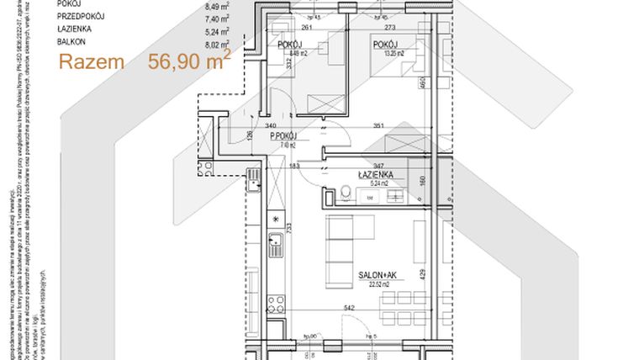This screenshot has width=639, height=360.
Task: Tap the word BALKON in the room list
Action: (x=73, y=40)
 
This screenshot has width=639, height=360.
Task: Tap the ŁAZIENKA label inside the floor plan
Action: (x=371, y=174)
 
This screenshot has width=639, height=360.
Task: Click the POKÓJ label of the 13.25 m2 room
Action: (x=385, y=45)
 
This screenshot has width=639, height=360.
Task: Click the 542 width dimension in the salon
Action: (x=349, y=308)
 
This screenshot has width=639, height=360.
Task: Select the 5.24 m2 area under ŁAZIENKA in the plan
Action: (x=371, y=183)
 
